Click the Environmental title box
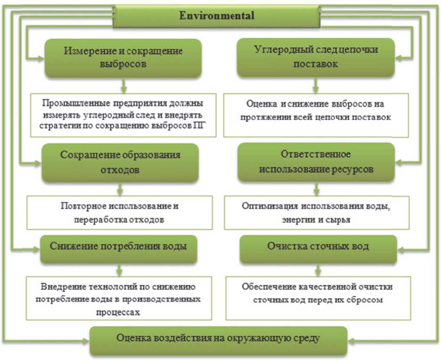pyautogui.click(x=216, y=16)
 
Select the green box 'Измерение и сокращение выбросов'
pyautogui.click(x=123, y=58)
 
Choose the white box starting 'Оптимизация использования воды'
pyautogui.click(x=316, y=212)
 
